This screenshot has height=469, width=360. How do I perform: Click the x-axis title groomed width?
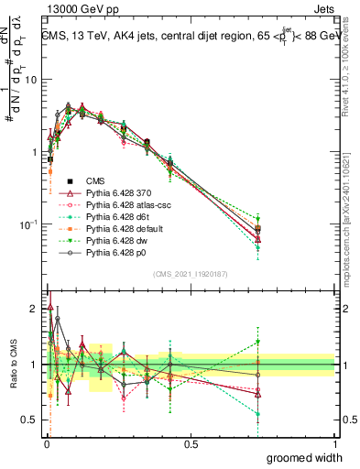coord(304,457)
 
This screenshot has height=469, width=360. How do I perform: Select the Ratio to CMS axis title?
coord(14,363)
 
